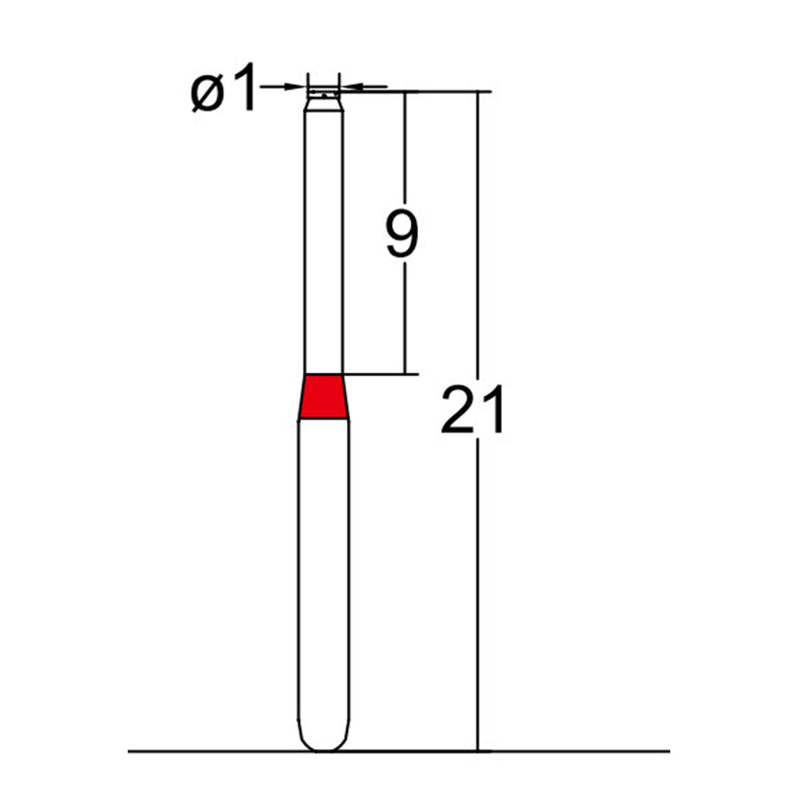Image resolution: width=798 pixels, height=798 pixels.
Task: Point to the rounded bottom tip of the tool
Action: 324,744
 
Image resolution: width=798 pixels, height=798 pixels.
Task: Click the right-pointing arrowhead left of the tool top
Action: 299,88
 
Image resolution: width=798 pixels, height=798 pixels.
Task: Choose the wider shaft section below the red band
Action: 324,579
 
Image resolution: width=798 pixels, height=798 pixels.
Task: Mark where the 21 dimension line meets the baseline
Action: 478,750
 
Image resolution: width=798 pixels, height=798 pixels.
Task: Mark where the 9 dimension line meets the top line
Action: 405,92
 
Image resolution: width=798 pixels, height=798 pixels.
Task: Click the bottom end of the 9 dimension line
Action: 405,374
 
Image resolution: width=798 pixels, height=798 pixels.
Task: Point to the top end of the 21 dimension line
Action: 478,92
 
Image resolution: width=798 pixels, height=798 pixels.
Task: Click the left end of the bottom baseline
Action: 130,750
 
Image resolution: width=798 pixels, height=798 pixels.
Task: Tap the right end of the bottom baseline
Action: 669,750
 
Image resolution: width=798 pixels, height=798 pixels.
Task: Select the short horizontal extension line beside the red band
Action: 379,375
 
